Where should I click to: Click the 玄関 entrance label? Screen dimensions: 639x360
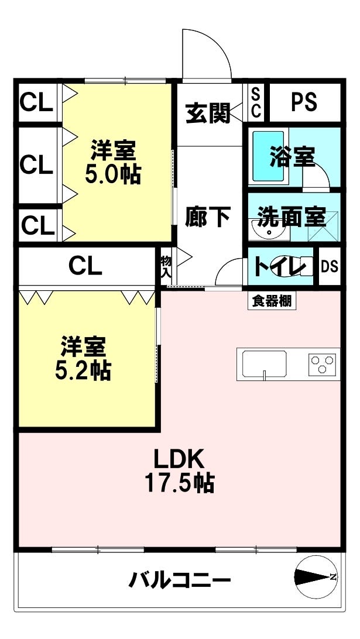point(208,113)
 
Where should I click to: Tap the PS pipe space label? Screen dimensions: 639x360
point(304,102)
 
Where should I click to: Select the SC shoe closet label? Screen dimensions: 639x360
point(256,102)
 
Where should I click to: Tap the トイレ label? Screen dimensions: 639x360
point(281,267)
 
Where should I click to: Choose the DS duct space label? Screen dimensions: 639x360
point(330,267)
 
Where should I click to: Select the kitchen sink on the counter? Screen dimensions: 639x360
point(264,363)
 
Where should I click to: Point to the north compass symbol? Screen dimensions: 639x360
point(316,577)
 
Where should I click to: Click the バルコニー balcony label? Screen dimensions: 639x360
point(180,581)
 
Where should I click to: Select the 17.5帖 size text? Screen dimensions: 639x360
point(179,483)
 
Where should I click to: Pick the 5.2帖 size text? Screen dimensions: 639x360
point(83,370)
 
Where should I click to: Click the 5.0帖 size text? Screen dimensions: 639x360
point(112,174)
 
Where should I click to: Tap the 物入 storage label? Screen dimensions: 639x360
point(166,267)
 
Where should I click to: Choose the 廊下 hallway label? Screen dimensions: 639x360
point(208,217)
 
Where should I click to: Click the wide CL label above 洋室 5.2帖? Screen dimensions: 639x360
point(85,266)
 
